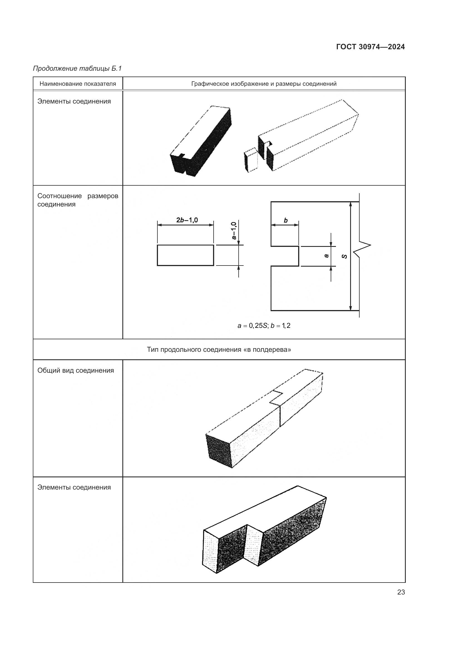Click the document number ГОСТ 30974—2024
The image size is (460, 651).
pyautogui.click(x=370, y=47)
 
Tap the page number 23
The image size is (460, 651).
pyautogui.click(x=401, y=592)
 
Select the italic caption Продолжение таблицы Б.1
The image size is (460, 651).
pyautogui.click(x=77, y=68)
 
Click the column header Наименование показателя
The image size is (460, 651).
pyautogui.click(x=78, y=84)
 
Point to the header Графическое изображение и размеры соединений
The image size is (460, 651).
pyautogui.click(x=264, y=84)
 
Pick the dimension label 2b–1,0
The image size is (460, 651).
pyautogui.click(x=187, y=220)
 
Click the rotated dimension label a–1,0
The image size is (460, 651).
pyautogui.click(x=234, y=230)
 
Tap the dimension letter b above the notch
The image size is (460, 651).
pyautogui.click(x=286, y=220)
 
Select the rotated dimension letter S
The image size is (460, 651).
pyautogui.click(x=344, y=256)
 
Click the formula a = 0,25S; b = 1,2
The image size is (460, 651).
pyautogui.click(x=264, y=326)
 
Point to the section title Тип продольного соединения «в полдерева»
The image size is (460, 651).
pyautogui.click(x=219, y=350)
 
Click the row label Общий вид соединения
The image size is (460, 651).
pyautogui.click(x=76, y=370)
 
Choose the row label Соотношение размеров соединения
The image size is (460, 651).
pyautogui.click(x=78, y=200)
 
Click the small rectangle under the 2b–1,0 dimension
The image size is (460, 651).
pyautogui.click(x=186, y=255)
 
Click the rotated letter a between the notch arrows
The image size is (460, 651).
pyautogui.click(x=327, y=256)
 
